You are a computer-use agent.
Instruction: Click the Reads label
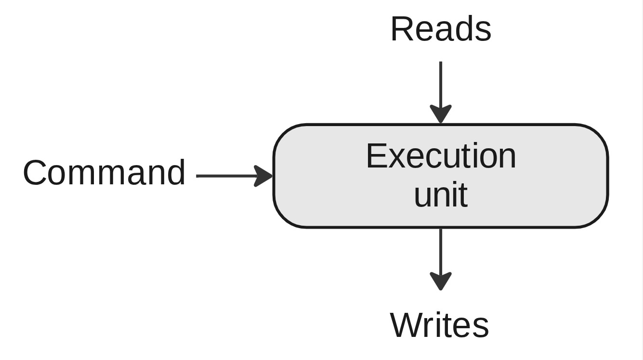440,29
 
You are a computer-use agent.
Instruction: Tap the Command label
104,173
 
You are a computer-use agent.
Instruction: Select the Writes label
439,325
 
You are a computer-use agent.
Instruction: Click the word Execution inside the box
441,156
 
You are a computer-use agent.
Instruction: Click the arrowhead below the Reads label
441,114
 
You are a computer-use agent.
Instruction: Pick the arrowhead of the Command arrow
263,176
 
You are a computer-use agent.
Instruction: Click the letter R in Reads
402,29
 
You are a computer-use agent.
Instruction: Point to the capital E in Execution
376,156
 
